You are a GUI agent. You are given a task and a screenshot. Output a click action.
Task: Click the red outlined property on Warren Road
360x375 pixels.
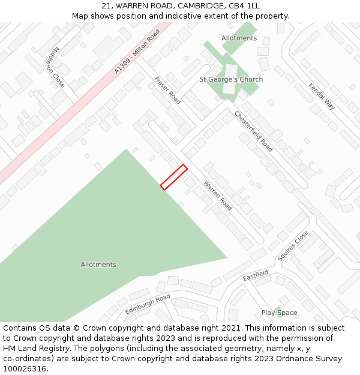[174, 177]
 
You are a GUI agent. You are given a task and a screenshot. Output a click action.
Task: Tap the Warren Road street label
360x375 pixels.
[218, 195]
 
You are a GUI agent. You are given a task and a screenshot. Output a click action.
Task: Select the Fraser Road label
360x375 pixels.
[167, 90]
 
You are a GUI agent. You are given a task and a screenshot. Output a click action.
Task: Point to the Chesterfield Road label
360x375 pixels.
[253, 131]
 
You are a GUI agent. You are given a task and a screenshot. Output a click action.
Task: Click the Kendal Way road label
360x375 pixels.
[322, 96]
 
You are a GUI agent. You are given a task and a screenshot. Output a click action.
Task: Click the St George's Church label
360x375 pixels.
[231, 79]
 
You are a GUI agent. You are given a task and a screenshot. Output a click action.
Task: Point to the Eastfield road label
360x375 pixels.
[256, 278]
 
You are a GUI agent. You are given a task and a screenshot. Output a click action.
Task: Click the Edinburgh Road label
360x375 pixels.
[148, 304]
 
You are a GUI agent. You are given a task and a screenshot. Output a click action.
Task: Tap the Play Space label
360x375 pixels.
[279, 313]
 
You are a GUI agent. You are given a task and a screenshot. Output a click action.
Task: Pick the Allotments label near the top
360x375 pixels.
[239, 38]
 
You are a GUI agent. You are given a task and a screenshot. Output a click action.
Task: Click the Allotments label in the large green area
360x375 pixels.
[98, 265]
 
